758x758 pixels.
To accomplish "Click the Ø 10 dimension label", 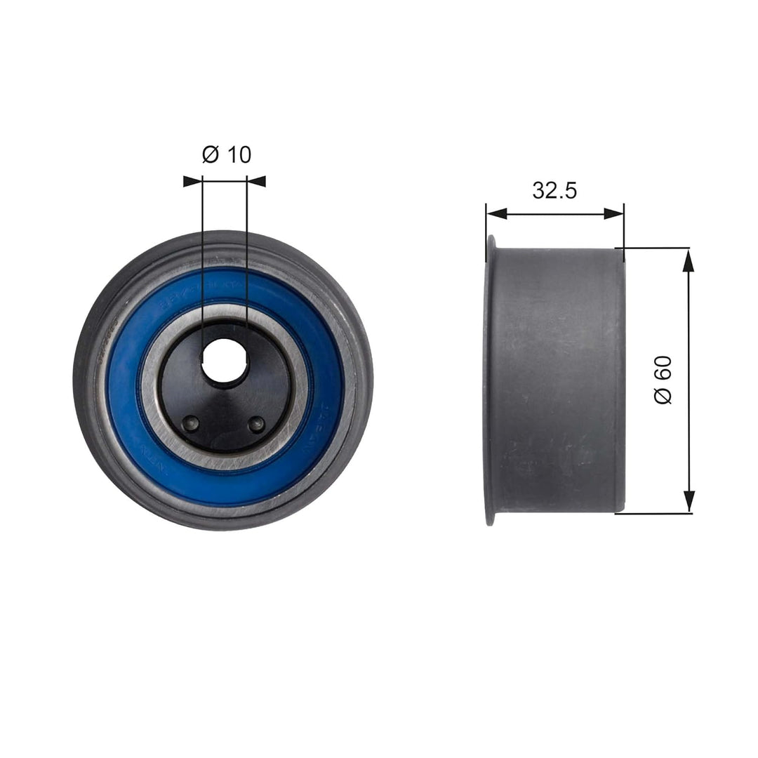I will pos(226,154).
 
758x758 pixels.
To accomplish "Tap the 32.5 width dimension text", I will pos(554,190).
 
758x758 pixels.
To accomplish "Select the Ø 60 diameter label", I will pos(663,379).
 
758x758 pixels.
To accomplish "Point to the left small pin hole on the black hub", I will pos(189,423).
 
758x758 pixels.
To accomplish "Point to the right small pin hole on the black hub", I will pos(257,423).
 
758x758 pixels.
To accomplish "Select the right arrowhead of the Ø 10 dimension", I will pos(257,181).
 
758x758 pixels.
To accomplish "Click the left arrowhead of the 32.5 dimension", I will pos(496,213).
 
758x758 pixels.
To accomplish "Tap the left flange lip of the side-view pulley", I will pos(490,379).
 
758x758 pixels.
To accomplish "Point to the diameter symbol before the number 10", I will pos(211,154).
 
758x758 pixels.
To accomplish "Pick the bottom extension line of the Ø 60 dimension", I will pos(653,513).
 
